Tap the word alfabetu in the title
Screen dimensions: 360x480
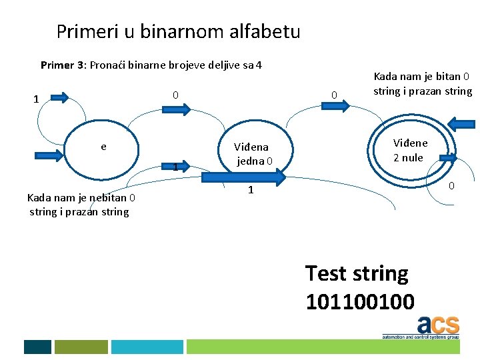(x=266, y=31)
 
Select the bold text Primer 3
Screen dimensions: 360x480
(x=63, y=65)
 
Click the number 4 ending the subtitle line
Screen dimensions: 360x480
(x=259, y=65)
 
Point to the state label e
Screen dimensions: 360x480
(x=103, y=146)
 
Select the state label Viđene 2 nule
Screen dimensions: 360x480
(x=410, y=150)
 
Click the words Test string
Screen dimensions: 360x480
(x=357, y=273)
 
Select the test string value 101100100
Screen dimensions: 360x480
(x=359, y=301)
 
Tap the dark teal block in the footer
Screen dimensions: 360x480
(x=37, y=347)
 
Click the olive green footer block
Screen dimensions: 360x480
(x=81, y=347)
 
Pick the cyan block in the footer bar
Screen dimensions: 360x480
(x=147, y=347)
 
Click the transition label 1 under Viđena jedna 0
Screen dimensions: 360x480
(x=250, y=191)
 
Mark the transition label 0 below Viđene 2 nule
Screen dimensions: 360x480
(x=451, y=185)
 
